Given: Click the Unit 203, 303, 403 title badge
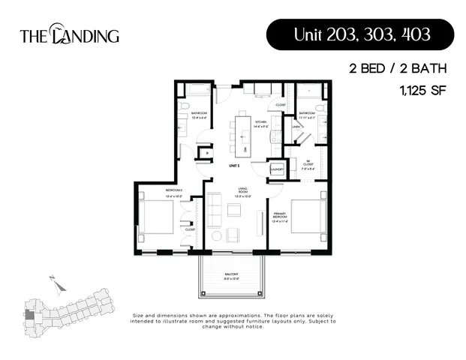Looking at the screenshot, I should [359, 35].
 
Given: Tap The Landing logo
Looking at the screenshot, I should [69, 35].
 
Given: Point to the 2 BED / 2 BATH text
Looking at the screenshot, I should [398, 68].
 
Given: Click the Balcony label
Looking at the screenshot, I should [231, 275].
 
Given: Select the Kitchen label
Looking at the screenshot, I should [260, 122].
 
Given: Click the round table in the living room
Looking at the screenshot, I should [217, 236].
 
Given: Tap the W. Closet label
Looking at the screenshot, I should [308, 165].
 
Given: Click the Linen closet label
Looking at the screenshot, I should [295, 127].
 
